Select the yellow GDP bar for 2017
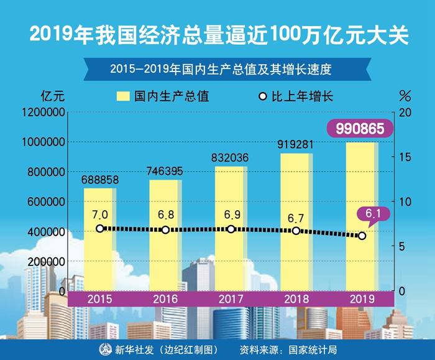(x=231, y=261)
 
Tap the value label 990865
(x=361, y=129)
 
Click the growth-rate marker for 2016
(x=165, y=230)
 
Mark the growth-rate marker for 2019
(x=362, y=236)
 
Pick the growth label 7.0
(x=100, y=215)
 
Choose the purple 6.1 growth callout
(x=372, y=215)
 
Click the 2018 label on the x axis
(x=296, y=299)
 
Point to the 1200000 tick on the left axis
(x=43, y=113)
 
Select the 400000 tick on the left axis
(x=47, y=232)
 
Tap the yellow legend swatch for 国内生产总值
(x=122, y=96)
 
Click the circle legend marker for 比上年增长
(x=263, y=96)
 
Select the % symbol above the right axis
(x=405, y=96)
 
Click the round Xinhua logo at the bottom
(x=103, y=349)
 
